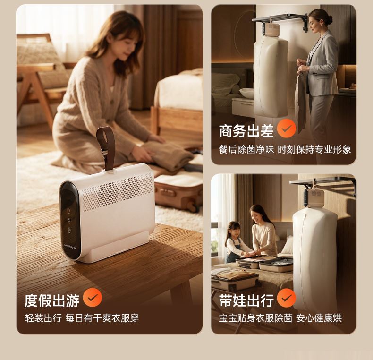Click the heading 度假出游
coord(52,300)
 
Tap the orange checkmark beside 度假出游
coord(92,297)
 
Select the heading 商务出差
coord(246,131)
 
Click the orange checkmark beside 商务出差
coord(287,129)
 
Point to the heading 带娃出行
coord(246,300)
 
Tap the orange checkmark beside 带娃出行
coord(287,298)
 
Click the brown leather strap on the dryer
coord(106,147)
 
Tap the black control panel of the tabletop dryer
coord(70,220)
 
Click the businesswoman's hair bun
coord(329,19)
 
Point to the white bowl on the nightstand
coord(246,93)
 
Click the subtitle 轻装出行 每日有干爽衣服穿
coord(82,318)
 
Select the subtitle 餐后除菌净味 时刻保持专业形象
coord(285,149)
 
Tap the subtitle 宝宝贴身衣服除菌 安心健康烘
coord(280,318)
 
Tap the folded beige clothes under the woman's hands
coord(168,155)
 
